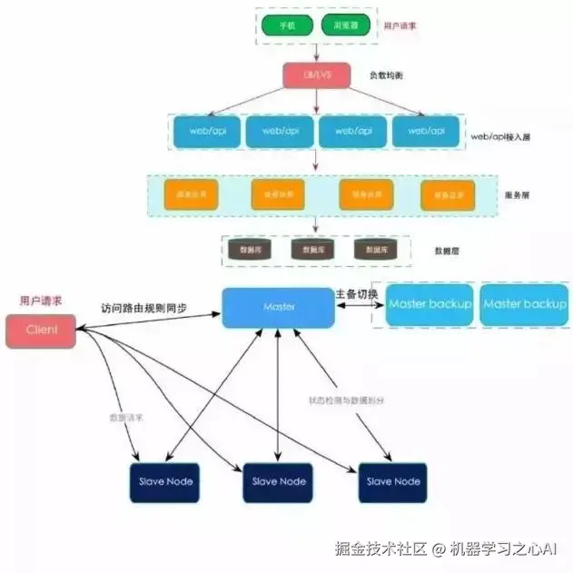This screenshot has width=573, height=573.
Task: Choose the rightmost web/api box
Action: [x=426, y=132]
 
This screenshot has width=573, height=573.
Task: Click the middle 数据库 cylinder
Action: [x=308, y=248]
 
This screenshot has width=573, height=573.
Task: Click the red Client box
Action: [x=41, y=331]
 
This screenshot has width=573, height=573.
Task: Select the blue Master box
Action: [x=279, y=308]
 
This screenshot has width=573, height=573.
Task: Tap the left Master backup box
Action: [x=430, y=305]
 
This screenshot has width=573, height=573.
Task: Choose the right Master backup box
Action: [x=525, y=305]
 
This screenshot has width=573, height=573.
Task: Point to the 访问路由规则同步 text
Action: [x=145, y=307]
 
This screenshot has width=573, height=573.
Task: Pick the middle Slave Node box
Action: [x=278, y=481]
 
